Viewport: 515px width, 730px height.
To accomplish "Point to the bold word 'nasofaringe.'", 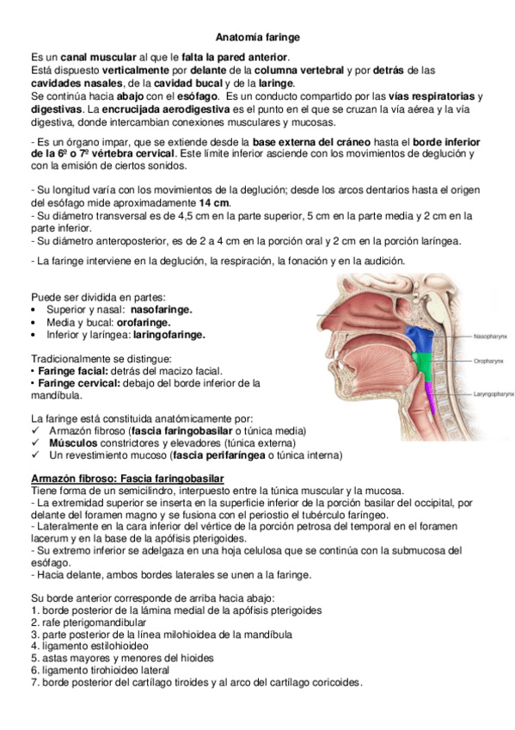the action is (155, 308).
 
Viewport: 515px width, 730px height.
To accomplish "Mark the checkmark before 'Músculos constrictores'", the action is (34, 442).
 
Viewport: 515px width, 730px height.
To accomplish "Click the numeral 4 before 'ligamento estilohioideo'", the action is (33, 646).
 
